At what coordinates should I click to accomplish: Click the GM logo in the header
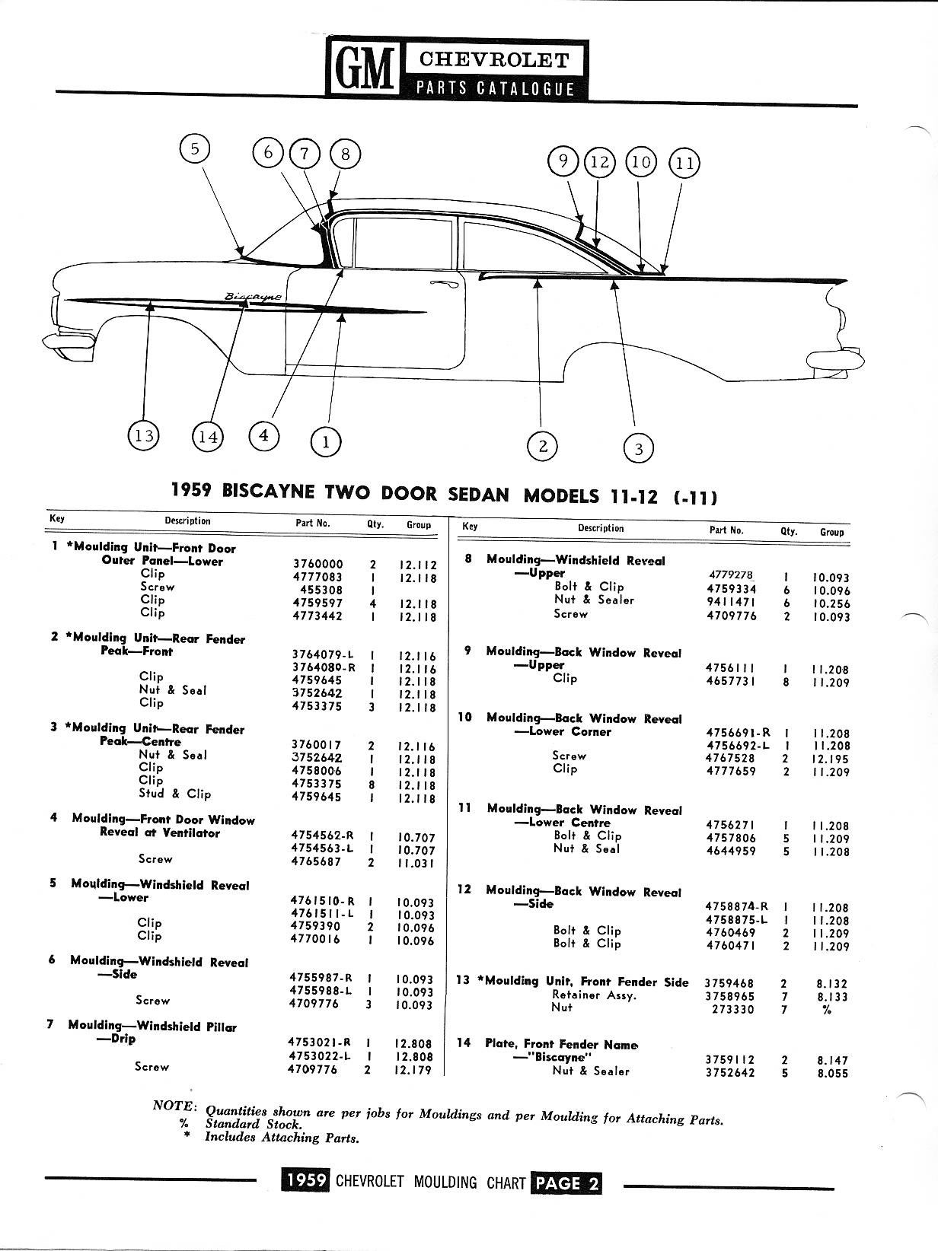(x=365, y=69)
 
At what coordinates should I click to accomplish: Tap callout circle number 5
(x=194, y=149)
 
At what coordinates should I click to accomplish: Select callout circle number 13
(x=143, y=435)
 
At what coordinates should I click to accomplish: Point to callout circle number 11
(x=684, y=164)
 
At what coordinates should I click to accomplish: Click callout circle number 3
(x=638, y=449)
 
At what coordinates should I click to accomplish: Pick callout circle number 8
(x=345, y=154)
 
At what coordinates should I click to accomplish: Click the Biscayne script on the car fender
(x=253, y=296)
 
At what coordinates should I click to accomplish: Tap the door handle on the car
(x=444, y=284)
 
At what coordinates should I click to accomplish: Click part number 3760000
(x=317, y=564)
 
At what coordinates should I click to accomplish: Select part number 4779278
(x=730, y=575)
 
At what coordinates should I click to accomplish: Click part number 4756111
(x=730, y=668)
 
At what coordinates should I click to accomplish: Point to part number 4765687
(x=316, y=861)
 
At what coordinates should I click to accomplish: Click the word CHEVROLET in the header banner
(x=494, y=60)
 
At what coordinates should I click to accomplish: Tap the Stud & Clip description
(x=174, y=794)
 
